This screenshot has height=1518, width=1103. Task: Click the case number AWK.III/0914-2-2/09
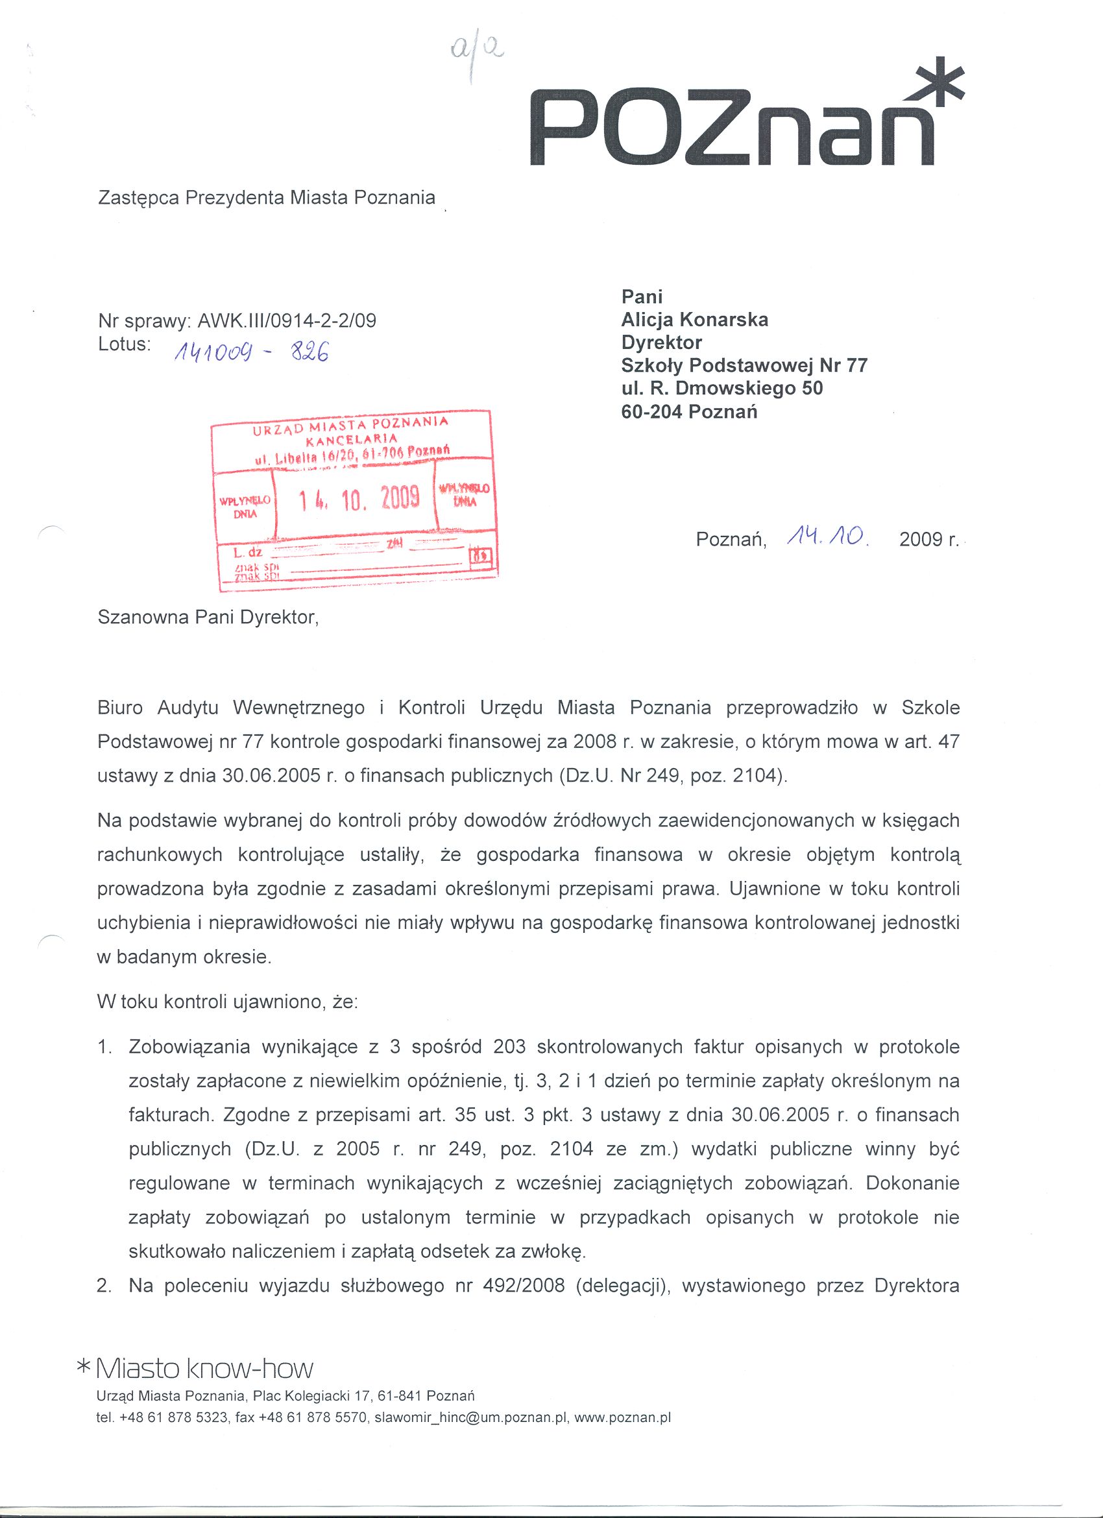[x=287, y=321]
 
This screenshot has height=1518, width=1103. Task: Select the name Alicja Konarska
[x=695, y=320]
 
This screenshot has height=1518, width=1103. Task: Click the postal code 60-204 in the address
[x=652, y=412]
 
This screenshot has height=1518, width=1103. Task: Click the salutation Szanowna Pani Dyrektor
[x=208, y=617]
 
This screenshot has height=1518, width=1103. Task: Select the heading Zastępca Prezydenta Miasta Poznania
[x=267, y=198]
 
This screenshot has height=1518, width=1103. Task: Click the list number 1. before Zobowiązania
[x=104, y=1047]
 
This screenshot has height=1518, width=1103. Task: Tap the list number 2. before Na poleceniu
[x=104, y=1286]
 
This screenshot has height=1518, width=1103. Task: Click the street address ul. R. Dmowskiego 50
[x=722, y=388]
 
